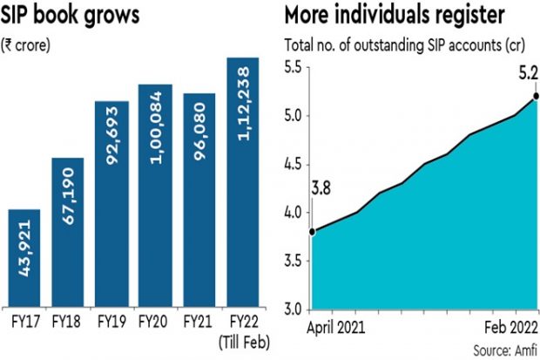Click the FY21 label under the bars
(199, 321)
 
